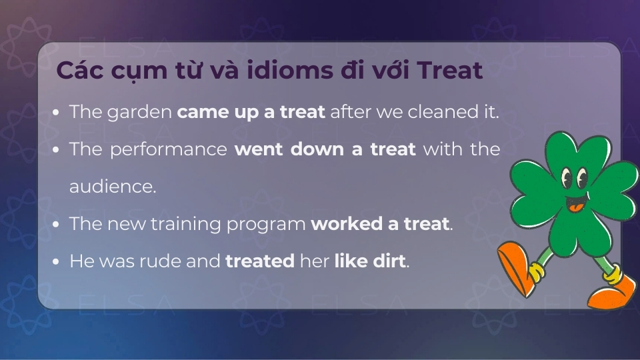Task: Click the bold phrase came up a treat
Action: click(x=251, y=112)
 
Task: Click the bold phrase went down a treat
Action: click(x=325, y=149)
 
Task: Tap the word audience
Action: click(x=112, y=187)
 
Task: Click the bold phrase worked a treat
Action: click(x=380, y=224)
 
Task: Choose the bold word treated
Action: click(x=260, y=261)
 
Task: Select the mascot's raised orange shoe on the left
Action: click(x=517, y=267)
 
